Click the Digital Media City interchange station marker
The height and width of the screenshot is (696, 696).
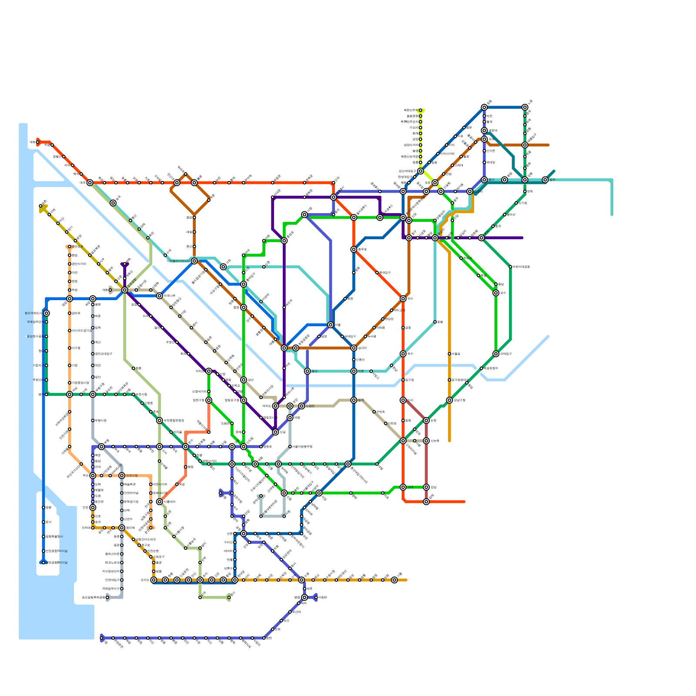pyautogui.click(x=194, y=261)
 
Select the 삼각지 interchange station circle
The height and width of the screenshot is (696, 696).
pyautogui.click(x=354, y=348)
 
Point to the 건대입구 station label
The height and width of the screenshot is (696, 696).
pyautogui.click(x=506, y=354)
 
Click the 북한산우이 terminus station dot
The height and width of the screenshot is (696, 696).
pyautogui.click(x=420, y=110)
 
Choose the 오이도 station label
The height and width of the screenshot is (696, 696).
pyautogui.click(x=145, y=580)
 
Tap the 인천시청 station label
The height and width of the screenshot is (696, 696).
pyautogui.click(x=132, y=475)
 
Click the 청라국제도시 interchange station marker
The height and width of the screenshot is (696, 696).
pyautogui.click(x=47, y=313)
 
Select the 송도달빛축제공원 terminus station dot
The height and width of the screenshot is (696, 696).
pyautogui.click(x=107, y=597)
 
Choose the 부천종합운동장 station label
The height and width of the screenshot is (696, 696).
pyautogui.click(x=174, y=420)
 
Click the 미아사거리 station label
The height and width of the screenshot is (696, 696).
pyautogui.click(x=447, y=154)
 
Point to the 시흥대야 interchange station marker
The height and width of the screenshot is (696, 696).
pyautogui.click(x=160, y=502)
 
